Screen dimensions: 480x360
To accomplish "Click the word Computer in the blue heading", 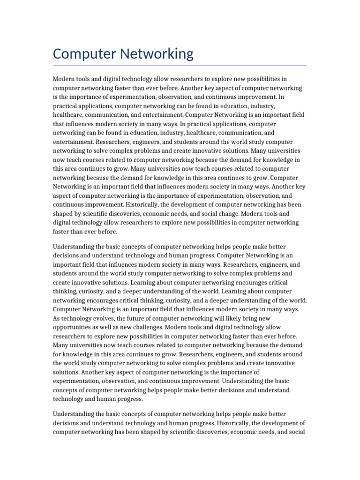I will click(84, 54).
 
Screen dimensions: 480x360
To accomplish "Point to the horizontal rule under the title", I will click(180, 66).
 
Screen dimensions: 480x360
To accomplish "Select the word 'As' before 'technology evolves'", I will click(57, 318).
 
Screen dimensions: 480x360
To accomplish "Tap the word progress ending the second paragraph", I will click(131, 399).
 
